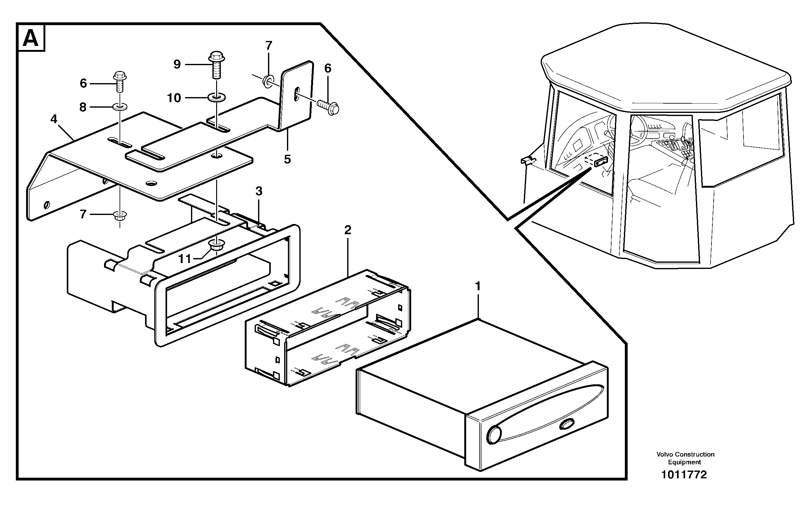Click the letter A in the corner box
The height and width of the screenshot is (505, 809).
coord(31,38)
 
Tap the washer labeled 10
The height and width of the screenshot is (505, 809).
coord(217,97)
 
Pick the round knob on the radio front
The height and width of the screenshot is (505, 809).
coord(494,435)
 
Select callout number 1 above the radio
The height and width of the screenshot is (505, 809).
coord(478,286)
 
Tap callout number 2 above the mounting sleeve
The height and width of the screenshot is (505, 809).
coord(348,230)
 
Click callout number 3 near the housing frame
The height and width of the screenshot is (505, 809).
coord(259,191)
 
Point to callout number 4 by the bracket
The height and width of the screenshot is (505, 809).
coord(54,119)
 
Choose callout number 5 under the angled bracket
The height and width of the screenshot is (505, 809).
coord(287,159)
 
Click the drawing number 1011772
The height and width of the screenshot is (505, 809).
coord(684,475)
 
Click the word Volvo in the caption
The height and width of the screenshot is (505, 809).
coord(665,454)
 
